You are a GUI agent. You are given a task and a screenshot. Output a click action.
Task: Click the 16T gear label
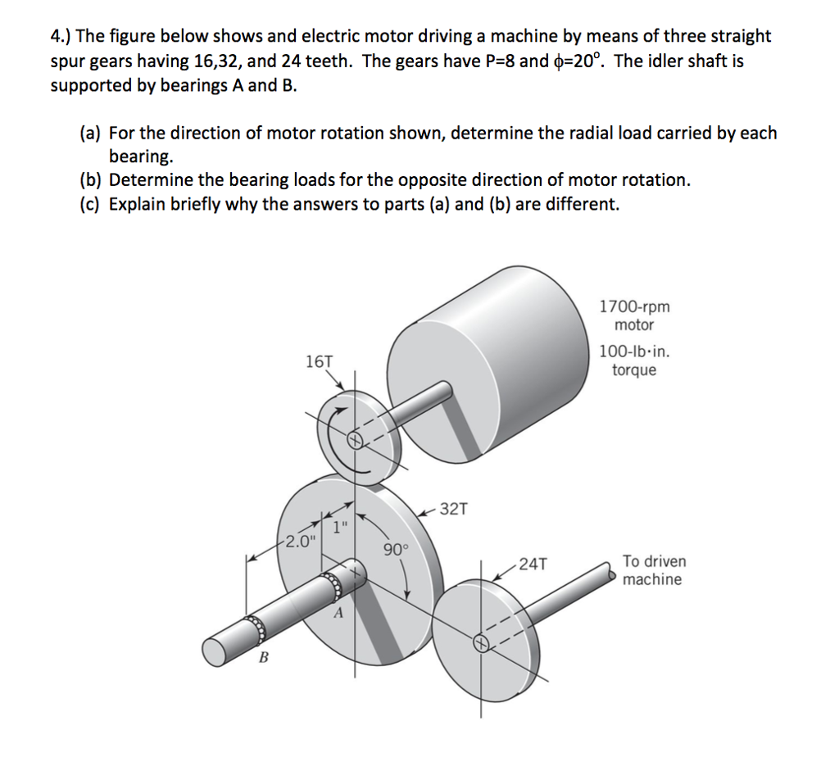(319, 361)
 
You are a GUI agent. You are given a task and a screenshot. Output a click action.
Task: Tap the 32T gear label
(454, 509)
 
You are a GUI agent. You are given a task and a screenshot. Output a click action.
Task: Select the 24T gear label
(533, 564)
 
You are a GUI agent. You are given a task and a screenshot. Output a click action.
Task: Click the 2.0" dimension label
(300, 541)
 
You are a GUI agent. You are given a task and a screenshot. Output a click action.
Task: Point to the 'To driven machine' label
(654, 570)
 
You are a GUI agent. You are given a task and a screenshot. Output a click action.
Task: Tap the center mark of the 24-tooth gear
(480, 644)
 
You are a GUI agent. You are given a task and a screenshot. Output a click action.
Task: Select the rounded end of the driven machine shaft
(612, 574)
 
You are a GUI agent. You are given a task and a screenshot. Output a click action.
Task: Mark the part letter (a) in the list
(90, 133)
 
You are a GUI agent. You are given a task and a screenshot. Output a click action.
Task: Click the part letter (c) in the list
(90, 203)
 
